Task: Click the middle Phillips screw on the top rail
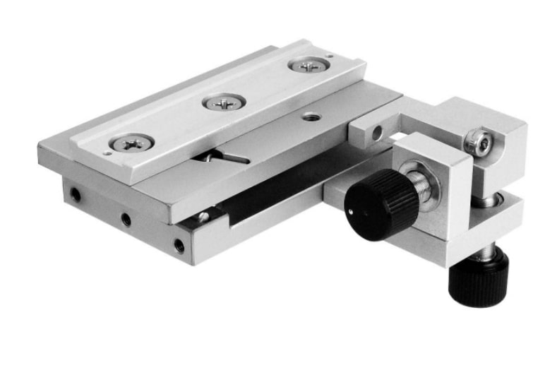pyautogui.click(x=224, y=102)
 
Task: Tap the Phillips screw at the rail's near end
pyautogui.click(x=131, y=143)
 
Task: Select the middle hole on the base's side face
pyautogui.click(x=126, y=220)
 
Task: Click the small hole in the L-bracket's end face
pyautogui.click(x=378, y=131)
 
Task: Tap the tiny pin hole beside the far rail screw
pyautogui.click(x=329, y=56)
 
